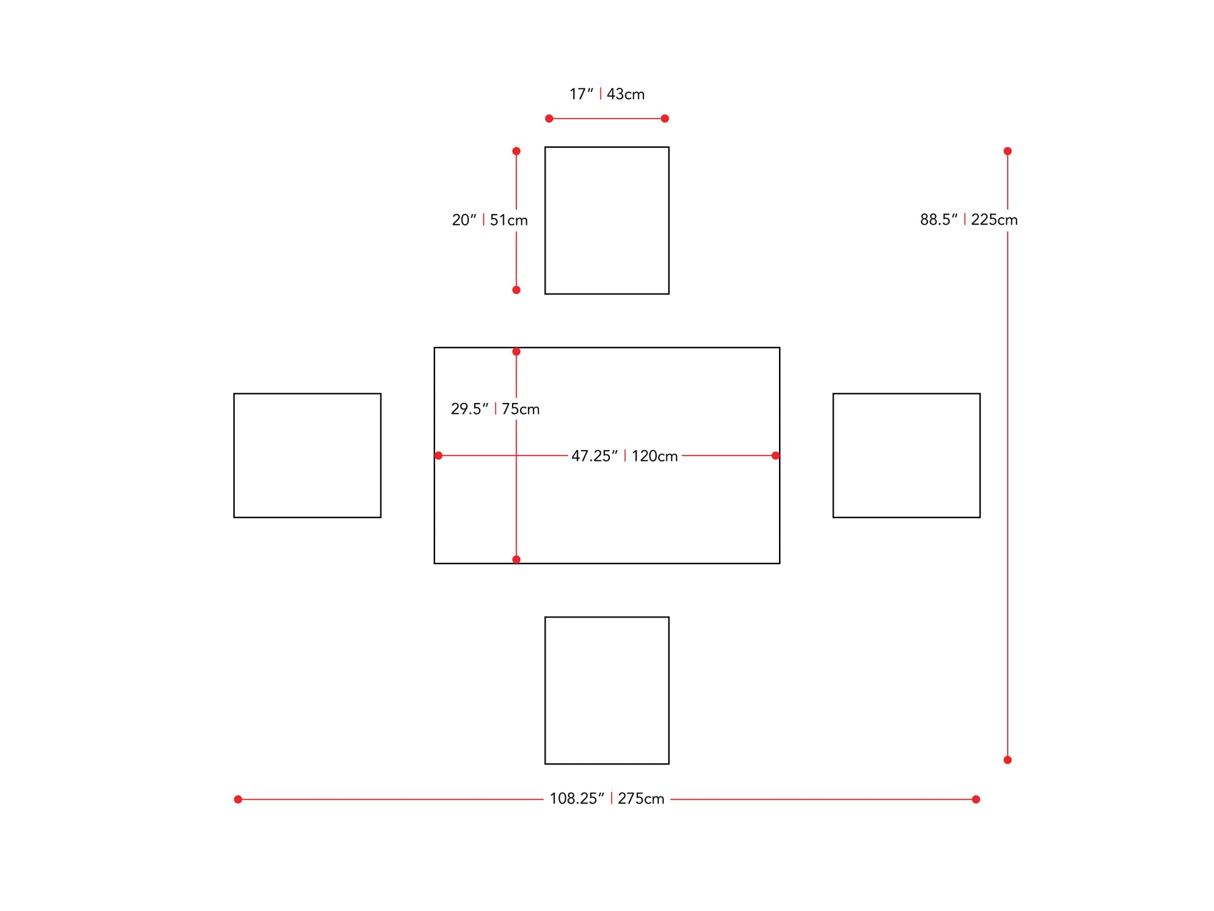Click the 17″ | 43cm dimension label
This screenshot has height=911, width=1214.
point(607,94)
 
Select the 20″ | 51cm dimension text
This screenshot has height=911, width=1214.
point(490,220)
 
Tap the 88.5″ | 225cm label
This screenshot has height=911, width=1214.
point(969,219)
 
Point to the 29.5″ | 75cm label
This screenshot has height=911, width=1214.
point(495,409)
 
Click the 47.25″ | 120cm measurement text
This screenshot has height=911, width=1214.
point(625,456)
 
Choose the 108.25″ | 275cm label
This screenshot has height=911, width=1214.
point(607,799)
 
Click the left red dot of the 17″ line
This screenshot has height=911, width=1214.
point(549,119)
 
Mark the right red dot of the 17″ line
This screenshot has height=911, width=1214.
point(665,119)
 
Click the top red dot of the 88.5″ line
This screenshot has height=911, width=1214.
point(1008,151)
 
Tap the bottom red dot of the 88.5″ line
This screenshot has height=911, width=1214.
point(1008,760)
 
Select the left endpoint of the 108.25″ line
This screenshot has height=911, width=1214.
point(238,800)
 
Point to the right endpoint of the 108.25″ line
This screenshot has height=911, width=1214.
point(976,800)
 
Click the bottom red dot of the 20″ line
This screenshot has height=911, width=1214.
point(517,290)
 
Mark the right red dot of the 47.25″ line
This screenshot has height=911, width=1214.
point(776,456)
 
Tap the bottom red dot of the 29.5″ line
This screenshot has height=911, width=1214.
point(517,559)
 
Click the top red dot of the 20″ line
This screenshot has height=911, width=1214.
point(517,151)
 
